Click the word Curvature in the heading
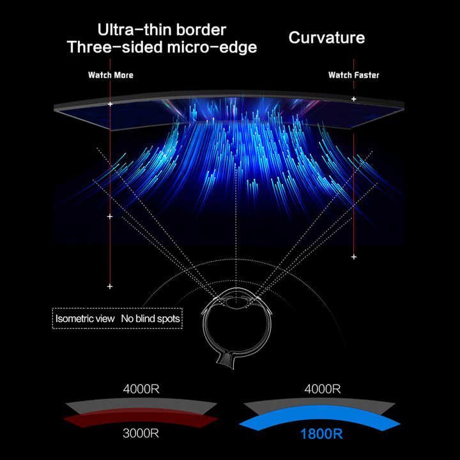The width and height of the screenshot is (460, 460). point(326,37)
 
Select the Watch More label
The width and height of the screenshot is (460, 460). point(111,75)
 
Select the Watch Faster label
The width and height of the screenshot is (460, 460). point(353,75)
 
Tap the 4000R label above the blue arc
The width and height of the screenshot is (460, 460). point(323,388)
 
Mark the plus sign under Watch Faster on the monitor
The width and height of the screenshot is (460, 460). point(353,99)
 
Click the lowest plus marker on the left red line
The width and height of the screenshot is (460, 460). point(110,286)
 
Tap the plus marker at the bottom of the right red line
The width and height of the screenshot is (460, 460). point(353,256)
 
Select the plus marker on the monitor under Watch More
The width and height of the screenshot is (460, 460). point(110,103)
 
